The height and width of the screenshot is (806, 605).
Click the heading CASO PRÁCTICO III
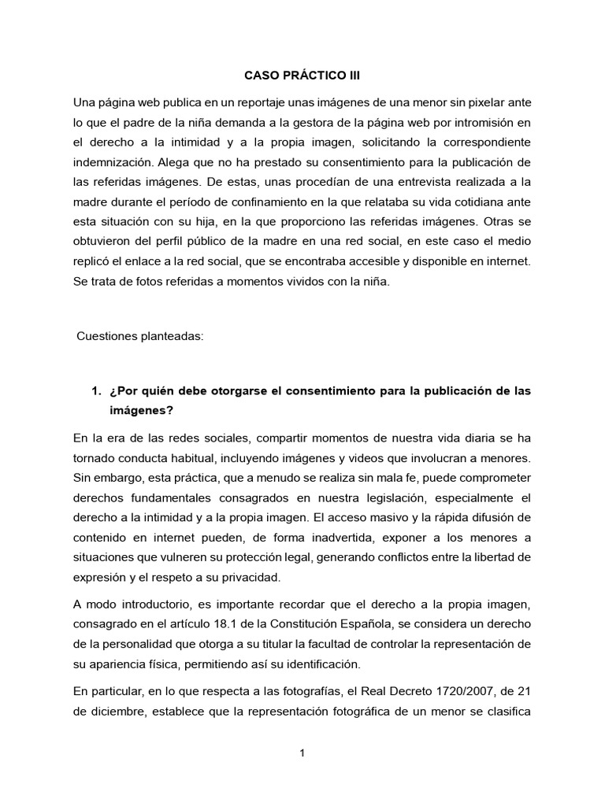(302, 76)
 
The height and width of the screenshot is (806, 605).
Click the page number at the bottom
(302, 753)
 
